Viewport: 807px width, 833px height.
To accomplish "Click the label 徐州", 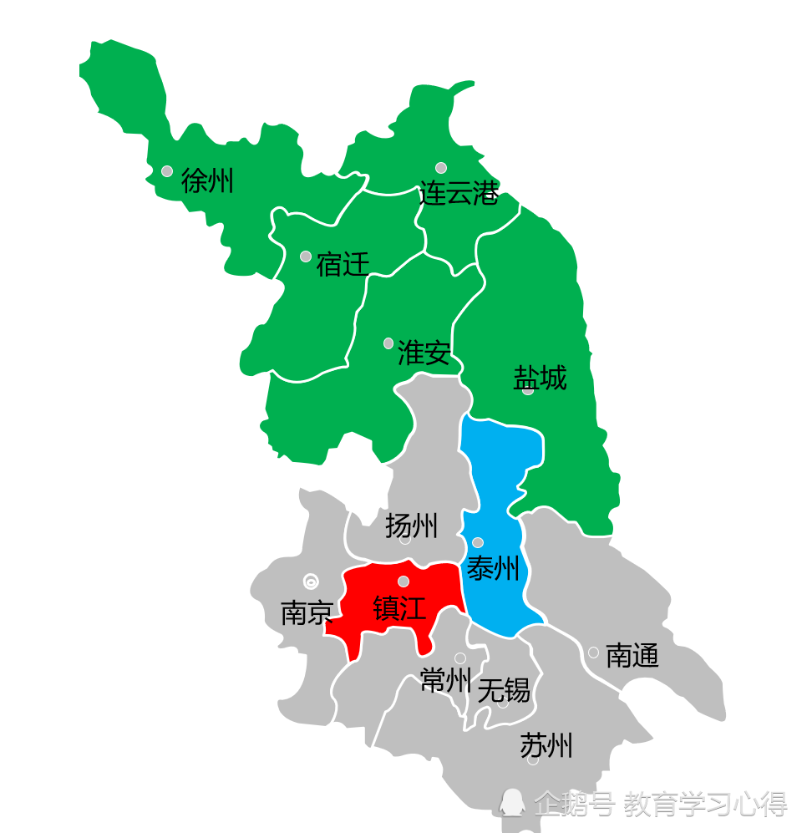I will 207,180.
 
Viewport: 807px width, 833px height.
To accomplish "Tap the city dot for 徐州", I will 167,171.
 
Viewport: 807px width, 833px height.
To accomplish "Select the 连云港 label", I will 459,194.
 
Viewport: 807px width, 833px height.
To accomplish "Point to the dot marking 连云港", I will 441,168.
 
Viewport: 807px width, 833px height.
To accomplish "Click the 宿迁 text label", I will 343,266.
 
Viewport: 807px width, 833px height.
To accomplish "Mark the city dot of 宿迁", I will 306,257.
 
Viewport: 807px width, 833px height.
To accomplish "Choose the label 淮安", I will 424,353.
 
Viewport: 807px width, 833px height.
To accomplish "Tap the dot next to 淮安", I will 388,343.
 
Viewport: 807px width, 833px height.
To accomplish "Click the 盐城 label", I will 540,378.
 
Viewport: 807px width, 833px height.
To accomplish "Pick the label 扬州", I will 411,526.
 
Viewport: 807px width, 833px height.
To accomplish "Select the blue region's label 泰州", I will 493,569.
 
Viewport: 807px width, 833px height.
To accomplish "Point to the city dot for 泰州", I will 478,542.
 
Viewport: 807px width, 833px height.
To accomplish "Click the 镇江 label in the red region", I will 399,607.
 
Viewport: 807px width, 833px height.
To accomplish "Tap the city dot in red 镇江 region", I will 403,582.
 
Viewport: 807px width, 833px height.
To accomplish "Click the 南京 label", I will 307,613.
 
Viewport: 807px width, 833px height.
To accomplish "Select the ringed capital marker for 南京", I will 311,582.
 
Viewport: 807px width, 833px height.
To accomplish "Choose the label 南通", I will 632,655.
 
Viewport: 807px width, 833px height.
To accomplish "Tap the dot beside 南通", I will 593,653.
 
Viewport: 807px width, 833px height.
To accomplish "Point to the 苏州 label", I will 546,744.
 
